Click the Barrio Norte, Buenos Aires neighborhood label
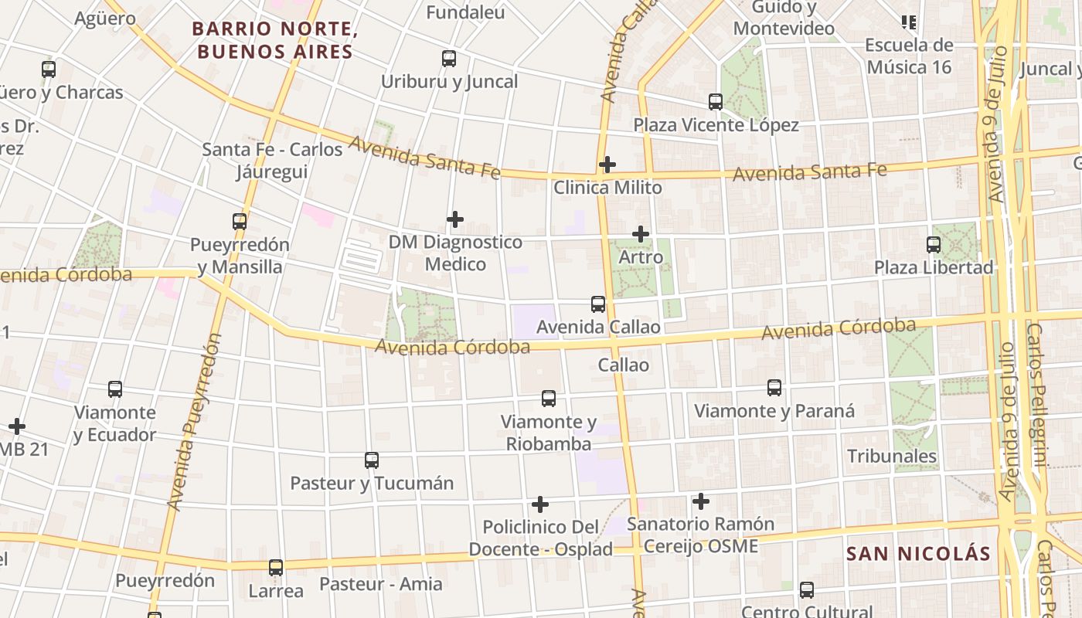pos(272,40)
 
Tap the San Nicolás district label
pos(918,554)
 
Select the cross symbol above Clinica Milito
pos(607,164)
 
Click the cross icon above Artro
pos(641,233)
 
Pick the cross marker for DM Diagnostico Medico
pos(455,219)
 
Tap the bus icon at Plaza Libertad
pos(934,245)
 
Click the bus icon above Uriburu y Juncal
pos(449,59)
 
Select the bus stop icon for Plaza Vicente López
pos(716,101)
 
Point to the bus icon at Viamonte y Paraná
pos(774,388)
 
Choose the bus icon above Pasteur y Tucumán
pos(372,460)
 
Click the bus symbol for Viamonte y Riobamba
pos(549,399)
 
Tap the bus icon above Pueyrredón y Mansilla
pos(240,222)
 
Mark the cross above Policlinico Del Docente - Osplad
pos(540,504)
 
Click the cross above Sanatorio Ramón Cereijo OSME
pos(701,501)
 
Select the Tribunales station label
pos(892,456)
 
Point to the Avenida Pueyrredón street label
pos(194,422)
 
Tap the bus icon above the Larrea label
pos(276,568)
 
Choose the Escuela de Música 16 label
pos(909,56)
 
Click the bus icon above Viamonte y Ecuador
pos(115,389)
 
